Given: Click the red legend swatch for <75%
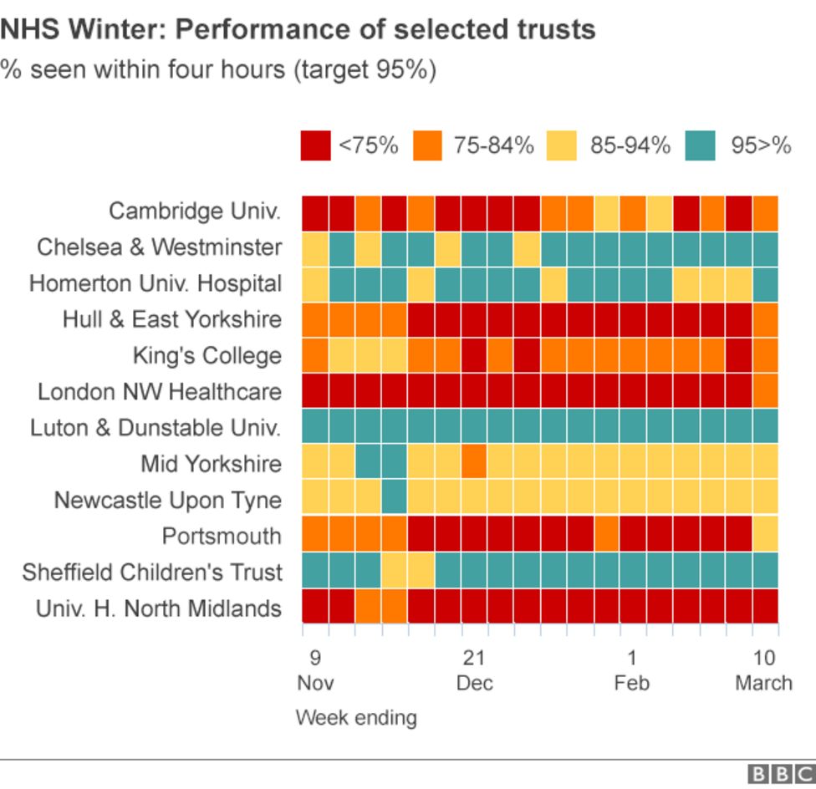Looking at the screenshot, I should pyautogui.click(x=315, y=145).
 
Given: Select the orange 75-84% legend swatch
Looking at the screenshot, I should pyautogui.click(x=431, y=145).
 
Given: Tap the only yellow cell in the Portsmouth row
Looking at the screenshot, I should pyautogui.click(x=765, y=535).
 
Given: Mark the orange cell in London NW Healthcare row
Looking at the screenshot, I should pyautogui.click(x=765, y=390).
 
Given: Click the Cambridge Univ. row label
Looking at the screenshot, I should pyautogui.click(x=195, y=211).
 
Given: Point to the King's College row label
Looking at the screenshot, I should pyautogui.click(x=207, y=355).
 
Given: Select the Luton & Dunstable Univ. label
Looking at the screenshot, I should pyautogui.click(x=156, y=427).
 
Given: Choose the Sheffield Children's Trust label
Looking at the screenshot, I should pyautogui.click(x=152, y=573).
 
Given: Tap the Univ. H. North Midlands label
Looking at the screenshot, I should pyautogui.click(x=158, y=608).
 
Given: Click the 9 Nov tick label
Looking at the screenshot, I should pyautogui.click(x=315, y=669).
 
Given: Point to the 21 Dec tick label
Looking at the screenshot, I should pyautogui.click(x=474, y=669).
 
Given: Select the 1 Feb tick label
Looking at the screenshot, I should pyautogui.click(x=632, y=669).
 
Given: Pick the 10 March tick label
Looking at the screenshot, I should pyautogui.click(x=763, y=669).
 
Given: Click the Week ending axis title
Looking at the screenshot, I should pyautogui.click(x=356, y=717).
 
